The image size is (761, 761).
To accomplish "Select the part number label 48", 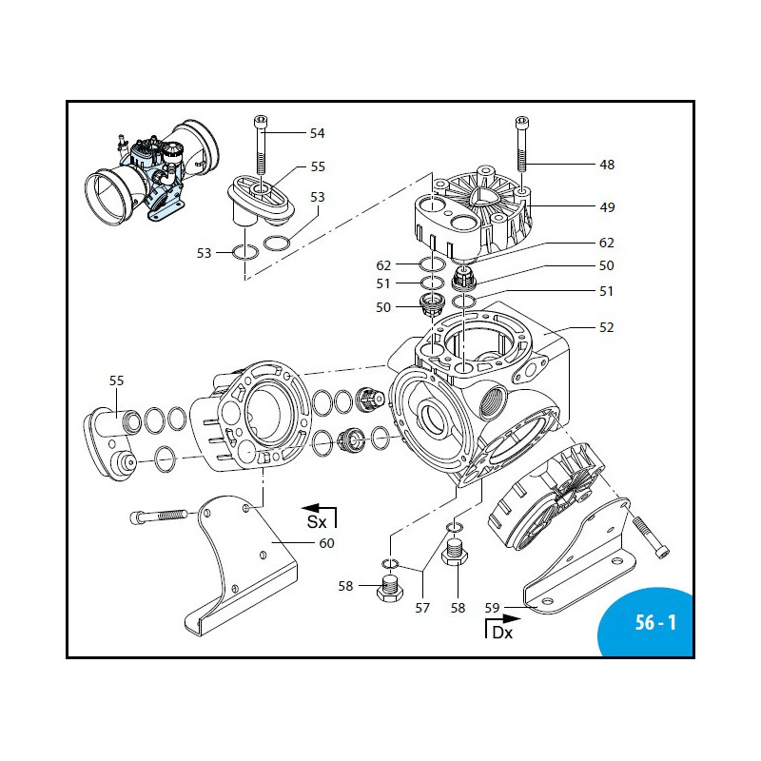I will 606,165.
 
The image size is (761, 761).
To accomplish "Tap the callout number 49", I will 606,207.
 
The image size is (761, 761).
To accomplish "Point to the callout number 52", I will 606,327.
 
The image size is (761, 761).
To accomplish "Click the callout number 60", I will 326,543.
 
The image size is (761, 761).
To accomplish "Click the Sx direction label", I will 316,522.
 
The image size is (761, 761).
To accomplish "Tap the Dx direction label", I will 501,633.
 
